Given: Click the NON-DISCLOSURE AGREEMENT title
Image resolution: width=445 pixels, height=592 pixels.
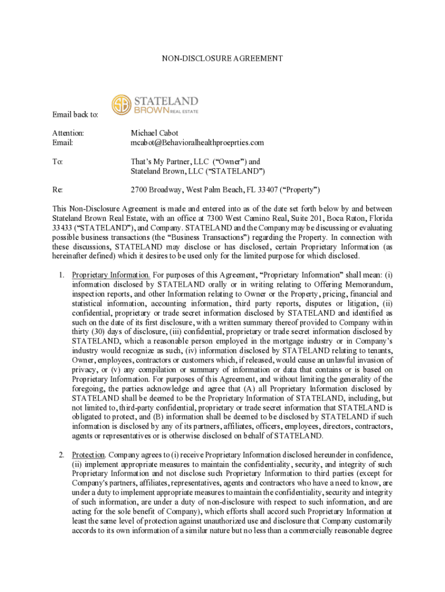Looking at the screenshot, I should click(x=222, y=58).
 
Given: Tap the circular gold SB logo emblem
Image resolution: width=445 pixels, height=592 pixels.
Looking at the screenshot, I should click(x=122, y=105).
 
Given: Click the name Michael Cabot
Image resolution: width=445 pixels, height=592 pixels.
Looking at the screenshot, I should click(x=154, y=133).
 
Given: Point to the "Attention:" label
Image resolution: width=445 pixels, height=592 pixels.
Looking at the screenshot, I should click(x=68, y=133).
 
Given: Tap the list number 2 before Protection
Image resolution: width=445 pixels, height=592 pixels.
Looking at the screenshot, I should click(x=61, y=454).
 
